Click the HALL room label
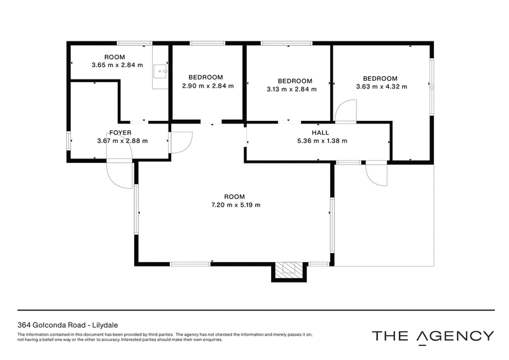320,133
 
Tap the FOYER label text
120,133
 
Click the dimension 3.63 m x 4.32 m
381,87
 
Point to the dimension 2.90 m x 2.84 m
208,86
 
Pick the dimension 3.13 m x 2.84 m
291,89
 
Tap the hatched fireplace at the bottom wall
289,270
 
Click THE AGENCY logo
433,336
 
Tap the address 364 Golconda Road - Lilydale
67,325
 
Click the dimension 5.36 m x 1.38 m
322,141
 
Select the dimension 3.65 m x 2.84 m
117,65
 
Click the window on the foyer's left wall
69,141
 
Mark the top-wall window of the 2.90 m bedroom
207,43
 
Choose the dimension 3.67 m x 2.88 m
122,141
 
